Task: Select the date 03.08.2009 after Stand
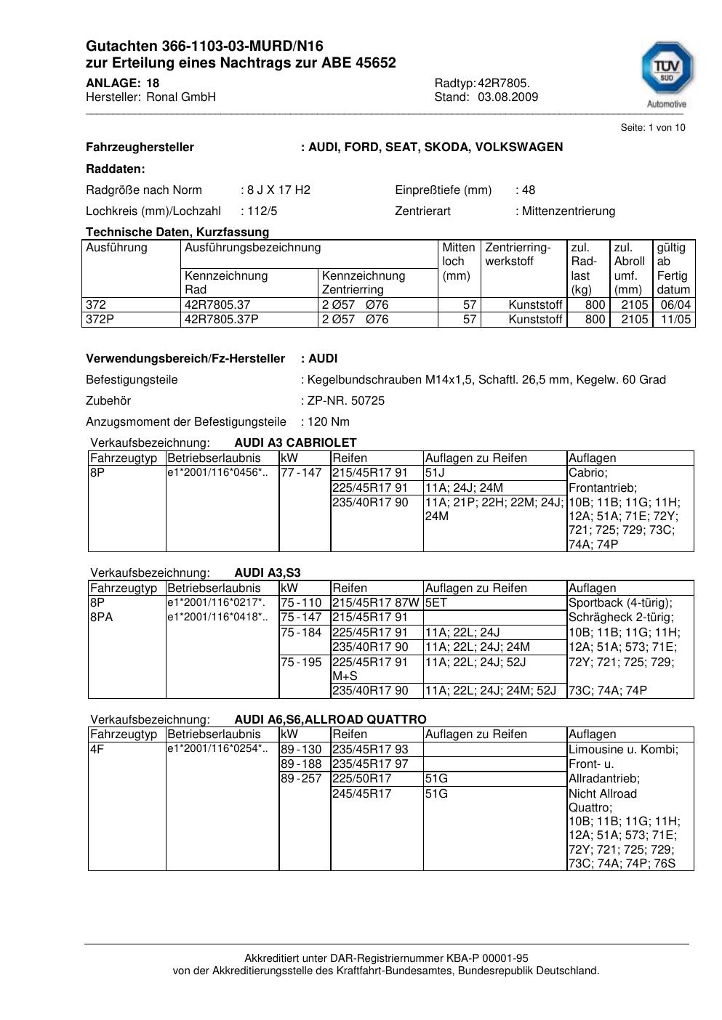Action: tap(508, 97)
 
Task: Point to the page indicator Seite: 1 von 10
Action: tap(652, 128)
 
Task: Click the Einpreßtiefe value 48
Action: tap(528, 190)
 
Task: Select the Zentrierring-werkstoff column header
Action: tap(518, 254)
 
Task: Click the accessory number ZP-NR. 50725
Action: tap(345, 401)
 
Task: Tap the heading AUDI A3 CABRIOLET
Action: tap(295, 443)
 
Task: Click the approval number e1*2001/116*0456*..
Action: tap(217, 473)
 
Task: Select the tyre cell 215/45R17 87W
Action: tap(376, 603)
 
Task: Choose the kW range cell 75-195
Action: tap(301, 663)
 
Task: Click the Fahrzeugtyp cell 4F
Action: tap(97, 749)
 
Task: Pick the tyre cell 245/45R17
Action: tap(361, 794)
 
